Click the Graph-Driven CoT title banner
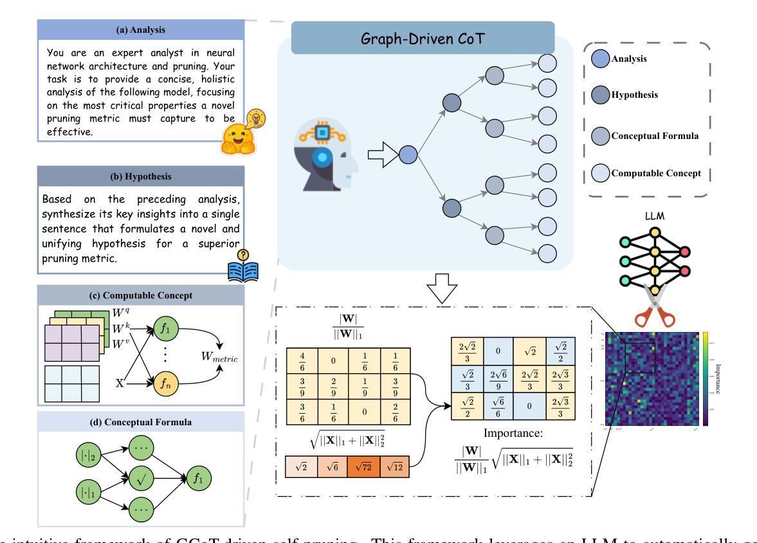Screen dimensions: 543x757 click(x=423, y=38)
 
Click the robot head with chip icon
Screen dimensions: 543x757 click(x=325, y=154)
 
